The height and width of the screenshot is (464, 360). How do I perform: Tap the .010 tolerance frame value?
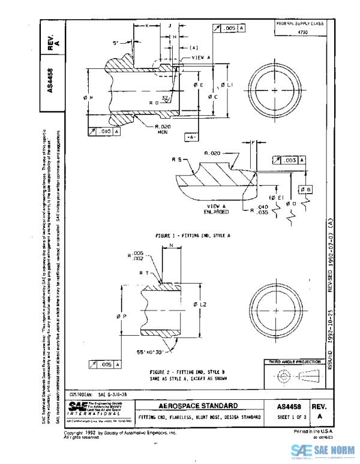[x=103, y=130]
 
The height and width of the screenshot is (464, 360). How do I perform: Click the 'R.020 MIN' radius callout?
[x=163, y=130]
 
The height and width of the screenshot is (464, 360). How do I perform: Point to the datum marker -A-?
[x=191, y=137]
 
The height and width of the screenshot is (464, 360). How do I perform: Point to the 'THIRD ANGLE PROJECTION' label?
[x=292, y=363]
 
